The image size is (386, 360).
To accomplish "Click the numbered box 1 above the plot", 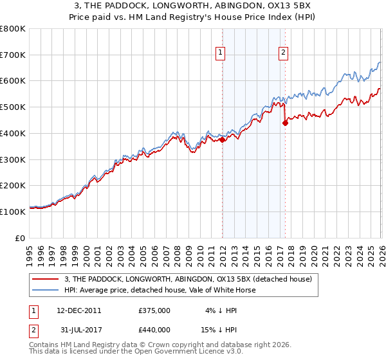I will click(x=221, y=53).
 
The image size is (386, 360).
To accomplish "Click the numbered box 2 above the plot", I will click(x=284, y=53).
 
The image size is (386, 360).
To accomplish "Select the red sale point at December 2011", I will click(x=222, y=139).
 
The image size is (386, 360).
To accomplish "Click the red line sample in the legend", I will click(x=47, y=279).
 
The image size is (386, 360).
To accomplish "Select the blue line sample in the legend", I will click(x=47, y=290).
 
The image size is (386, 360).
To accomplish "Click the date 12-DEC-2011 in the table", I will click(x=78, y=310).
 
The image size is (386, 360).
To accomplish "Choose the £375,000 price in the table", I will click(x=154, y=310).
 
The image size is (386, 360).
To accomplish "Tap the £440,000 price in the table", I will click(x=154, y=329).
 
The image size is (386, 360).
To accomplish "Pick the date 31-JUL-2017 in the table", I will click(x=78, y=329).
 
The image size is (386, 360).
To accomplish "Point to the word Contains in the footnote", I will click(x=44, y=345).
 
